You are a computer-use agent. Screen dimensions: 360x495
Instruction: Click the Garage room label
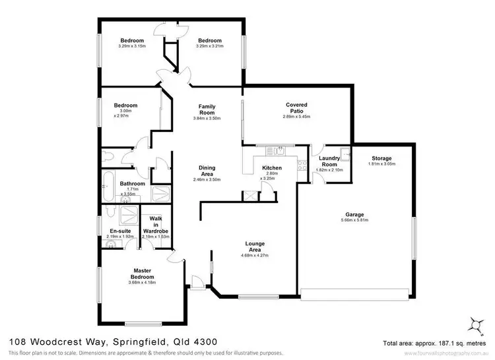coord(355,214)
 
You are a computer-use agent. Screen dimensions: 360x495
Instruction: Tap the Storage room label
coord(381,158)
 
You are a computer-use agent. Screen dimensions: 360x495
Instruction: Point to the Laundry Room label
coord(329,162)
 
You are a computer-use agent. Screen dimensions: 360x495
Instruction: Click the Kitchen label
coord(272,168)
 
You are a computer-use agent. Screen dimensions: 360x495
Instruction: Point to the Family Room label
coord(207,109)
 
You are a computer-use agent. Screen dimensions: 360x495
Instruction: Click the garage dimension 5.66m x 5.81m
coord(355,221)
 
